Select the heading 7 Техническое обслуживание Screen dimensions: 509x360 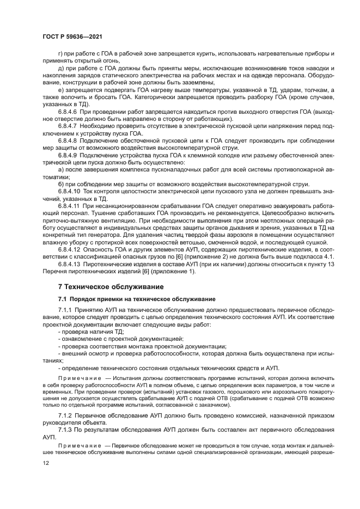coord(108,286)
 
